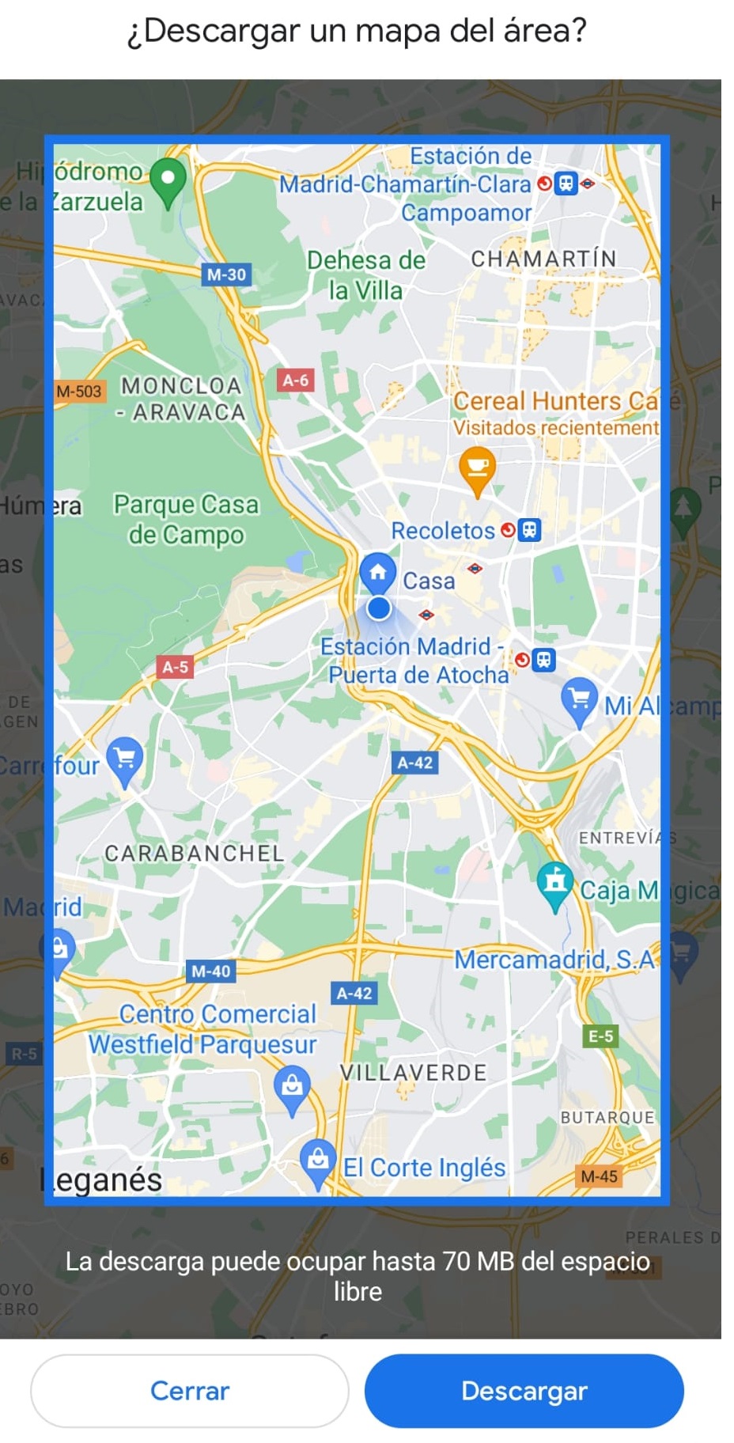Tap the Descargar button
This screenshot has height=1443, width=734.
click(x=524, y=1390)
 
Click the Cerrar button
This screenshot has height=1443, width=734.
click(x=190, y=1390)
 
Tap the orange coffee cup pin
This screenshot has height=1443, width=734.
click(x=477, y=468)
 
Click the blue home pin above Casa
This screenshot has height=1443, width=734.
click(x=378, y=572)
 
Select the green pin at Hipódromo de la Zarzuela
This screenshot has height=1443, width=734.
click(x=168, y=180)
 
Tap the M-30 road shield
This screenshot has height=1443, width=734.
click(x=226, y=275)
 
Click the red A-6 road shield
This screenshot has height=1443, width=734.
click(x=295, y=381)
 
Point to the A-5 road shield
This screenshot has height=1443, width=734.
click(x=175, y=667)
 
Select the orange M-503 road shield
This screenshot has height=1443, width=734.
click(x=79, y=391)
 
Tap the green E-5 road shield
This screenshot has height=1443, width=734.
click(x=600, y=1036)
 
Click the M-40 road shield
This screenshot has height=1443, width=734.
click(x=210, y=971)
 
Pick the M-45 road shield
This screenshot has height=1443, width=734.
click(x=599, y=1176)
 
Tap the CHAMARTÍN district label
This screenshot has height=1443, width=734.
click(x=543, y=259)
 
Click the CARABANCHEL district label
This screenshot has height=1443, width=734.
click(x=194, y=853)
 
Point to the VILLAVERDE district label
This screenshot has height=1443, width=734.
click(x=413, y=1073)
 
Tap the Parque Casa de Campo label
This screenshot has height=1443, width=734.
click(x=186, y=519)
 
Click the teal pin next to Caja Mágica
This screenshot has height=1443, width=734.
click(x=555, y=881)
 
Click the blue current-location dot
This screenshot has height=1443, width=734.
click(x=379, y=608)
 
